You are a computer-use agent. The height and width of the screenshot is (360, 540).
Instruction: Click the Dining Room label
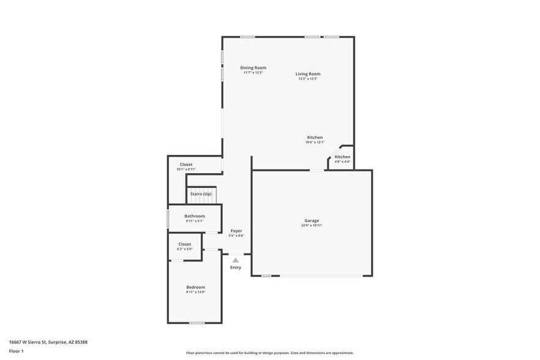[253, 68]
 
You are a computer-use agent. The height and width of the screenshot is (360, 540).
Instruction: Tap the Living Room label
[308, 74]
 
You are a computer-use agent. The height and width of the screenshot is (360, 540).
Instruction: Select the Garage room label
[312, 220]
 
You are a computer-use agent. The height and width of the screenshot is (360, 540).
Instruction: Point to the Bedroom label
[195, 287]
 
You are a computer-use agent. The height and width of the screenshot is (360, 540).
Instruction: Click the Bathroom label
[195, 216]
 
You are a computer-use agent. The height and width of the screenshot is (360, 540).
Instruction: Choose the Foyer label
[236, 231]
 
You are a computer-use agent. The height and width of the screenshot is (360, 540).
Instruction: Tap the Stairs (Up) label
[201, 193]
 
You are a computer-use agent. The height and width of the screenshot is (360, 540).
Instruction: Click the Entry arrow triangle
[236, 260]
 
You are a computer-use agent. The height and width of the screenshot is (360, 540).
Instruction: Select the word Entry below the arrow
[236, 268]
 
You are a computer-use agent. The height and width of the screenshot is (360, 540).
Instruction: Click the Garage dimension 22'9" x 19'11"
[312, 225]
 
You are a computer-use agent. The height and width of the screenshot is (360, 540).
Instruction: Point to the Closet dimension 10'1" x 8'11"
[186, 169]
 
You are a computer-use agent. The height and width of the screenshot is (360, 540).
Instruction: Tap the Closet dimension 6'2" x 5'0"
[185, 249]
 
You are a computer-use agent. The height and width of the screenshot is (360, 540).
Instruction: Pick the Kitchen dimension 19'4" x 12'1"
[315, 142]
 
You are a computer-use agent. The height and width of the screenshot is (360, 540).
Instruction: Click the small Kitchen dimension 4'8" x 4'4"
[342, 162]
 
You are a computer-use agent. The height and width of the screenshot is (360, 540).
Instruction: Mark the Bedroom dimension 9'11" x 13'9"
[195, 292]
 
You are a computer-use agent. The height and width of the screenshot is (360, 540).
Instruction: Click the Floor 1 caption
[16, 351]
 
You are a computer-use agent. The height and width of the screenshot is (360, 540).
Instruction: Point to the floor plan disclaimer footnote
[269, 353]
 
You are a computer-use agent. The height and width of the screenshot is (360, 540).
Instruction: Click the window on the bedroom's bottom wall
[196, 323]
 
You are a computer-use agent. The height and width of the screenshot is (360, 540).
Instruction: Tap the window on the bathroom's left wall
[168, 219]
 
